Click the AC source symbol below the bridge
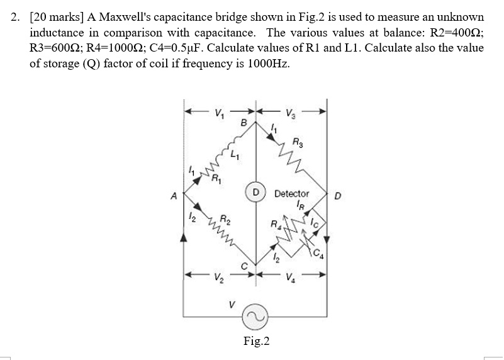click(255, 313)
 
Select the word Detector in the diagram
click(292, 194)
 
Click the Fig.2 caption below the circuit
click(256, 341)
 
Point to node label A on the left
click(174, 194)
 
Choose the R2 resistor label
click(225, 220)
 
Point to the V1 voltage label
click(218, 115)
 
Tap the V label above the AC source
click(233, 305)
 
